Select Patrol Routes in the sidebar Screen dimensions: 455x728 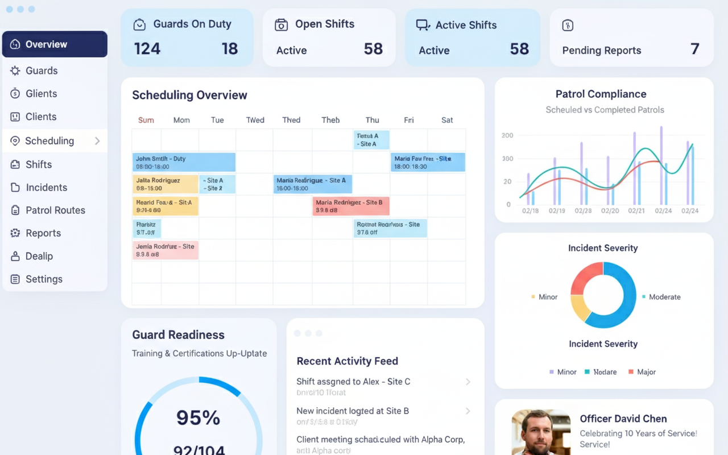tap(55, 210)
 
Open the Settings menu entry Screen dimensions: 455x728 tap(44, 279)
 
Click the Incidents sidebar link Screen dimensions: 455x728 tap(46, 188)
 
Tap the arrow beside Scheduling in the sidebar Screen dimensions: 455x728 tap(97, 141)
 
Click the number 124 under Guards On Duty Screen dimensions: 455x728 tap(147, 49)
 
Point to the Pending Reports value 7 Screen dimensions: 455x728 tap(694, 49)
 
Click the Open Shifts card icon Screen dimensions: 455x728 tap(281, 25)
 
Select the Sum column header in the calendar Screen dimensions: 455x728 tap(146, 120)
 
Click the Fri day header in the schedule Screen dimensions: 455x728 tap(409, 120)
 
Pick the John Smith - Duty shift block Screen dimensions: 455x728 tap(184, 163)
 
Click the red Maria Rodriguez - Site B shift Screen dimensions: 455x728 tap(351, 206)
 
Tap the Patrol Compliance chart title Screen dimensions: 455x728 tap(601, 94)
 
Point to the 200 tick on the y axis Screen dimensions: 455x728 tap(507, 135)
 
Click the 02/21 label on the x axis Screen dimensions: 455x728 tap(637, 210)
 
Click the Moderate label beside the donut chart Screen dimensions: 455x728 tap(664, 297)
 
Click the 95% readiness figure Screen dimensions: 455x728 tap(198, 418)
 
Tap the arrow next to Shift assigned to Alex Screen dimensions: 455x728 tap(468, 382)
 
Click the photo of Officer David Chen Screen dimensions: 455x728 tap(541, 432)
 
